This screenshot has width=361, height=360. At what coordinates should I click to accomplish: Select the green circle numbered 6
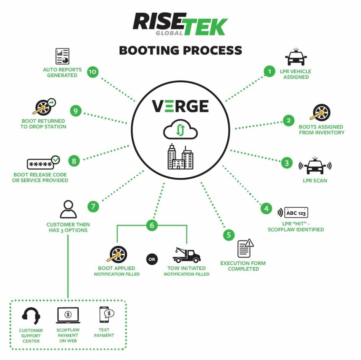click(152, 225)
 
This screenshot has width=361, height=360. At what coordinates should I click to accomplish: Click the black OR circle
click(152, 259)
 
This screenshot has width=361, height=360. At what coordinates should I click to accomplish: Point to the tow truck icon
click(186, 255)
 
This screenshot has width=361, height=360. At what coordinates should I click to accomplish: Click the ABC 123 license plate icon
click(296, 213)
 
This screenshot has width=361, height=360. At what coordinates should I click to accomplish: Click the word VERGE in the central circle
click(180, 106)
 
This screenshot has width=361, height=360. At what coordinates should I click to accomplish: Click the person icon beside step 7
click(68, 209)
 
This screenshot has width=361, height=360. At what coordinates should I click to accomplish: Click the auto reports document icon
click(62, 57)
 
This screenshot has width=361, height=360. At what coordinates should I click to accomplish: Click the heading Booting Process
click(180, 51)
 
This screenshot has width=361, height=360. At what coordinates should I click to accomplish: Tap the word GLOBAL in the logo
click(169, 33)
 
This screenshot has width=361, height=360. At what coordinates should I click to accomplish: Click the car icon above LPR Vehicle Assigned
click(296, 58)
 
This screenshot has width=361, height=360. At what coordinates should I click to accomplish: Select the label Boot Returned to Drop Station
click(43, 124)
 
